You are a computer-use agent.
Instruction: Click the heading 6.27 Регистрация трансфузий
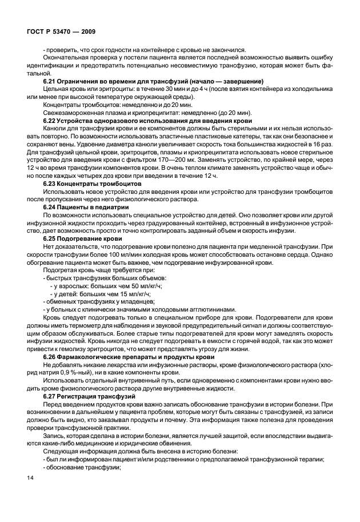coord(89,396)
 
